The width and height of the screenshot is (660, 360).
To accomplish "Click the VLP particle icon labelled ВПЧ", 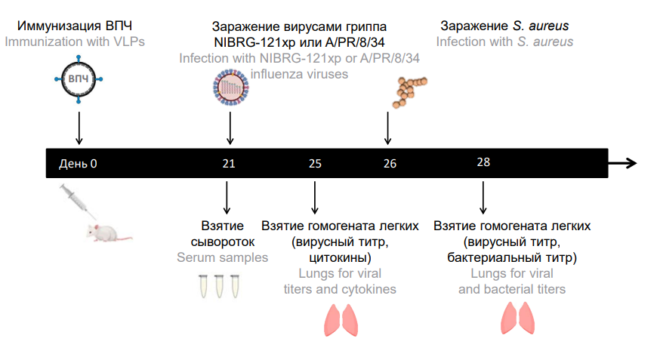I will (79, 78).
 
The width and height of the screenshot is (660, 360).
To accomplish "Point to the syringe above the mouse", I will (76, 201).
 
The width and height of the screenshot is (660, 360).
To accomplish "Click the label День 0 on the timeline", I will (79, 163).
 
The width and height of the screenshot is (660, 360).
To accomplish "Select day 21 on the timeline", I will (230, 163).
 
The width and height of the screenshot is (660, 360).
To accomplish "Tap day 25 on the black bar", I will (315, 163).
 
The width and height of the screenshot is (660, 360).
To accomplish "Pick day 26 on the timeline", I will (390, 163).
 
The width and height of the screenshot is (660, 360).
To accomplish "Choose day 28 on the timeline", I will (483, 162).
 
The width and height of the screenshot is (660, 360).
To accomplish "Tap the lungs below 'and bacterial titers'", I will (518, 318).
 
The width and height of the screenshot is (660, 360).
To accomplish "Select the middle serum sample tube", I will (218, 286).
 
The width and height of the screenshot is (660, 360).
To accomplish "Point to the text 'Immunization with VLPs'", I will (75, 41).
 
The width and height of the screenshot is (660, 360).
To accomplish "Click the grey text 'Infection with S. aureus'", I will (504, 41).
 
